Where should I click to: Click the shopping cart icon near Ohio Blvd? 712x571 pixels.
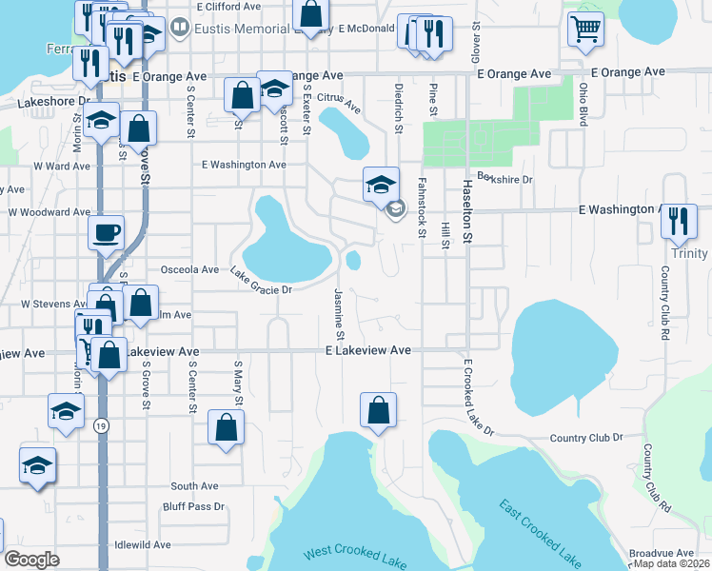(x=586, y=28)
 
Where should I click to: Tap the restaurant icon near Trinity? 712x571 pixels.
(x=679, y=220)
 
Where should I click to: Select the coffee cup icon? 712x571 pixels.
(x=106, y=231)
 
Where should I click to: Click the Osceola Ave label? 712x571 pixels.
(x=190, y=269)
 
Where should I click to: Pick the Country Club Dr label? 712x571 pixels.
(x=585, y=438)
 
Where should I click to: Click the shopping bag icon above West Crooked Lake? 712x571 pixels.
(x=379, y=410)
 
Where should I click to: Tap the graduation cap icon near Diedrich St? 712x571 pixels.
(x=381, y=184)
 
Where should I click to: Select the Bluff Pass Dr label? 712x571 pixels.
(x=190, y=507)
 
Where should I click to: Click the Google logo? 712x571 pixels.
(x=31, y=559)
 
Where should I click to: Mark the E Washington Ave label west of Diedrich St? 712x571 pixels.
(x=244, y=165)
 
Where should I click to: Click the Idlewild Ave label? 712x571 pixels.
(x=142, y=545)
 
